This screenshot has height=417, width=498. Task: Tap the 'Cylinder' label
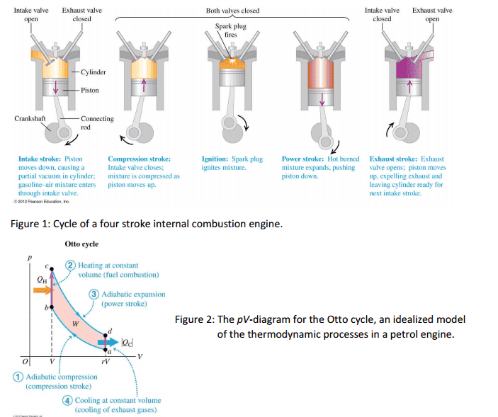tap(93, 72)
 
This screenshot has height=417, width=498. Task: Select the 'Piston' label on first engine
tap(90, 90)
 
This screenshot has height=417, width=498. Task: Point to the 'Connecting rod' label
tap(96, 122)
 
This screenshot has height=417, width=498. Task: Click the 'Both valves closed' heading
tap(232, 11)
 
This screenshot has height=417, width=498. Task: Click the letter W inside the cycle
tap(76, 324)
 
